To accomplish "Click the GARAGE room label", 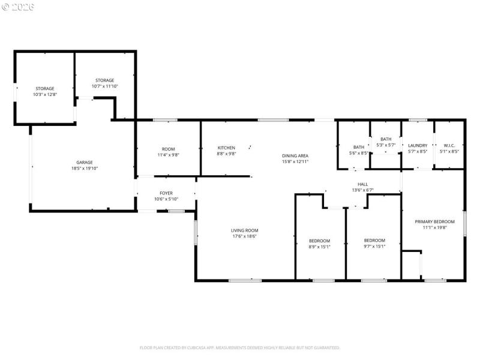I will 84,163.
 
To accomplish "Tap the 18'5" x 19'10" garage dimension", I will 84,169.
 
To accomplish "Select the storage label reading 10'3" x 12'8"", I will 44,94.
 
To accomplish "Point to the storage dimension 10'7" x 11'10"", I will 104,86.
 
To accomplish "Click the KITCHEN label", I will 226,148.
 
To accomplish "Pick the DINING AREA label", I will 295,156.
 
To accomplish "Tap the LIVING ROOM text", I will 244,230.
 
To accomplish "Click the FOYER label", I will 166,193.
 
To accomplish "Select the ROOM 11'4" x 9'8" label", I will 168,152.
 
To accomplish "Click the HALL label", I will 362,184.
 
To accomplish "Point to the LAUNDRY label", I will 417,145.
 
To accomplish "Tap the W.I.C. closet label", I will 449,145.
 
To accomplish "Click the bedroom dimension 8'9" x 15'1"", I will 319,247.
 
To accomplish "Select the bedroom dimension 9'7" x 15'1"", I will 374,247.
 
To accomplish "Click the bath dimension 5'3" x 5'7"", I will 385,145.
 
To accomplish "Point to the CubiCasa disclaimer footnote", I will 240,347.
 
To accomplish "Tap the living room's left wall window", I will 196,232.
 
